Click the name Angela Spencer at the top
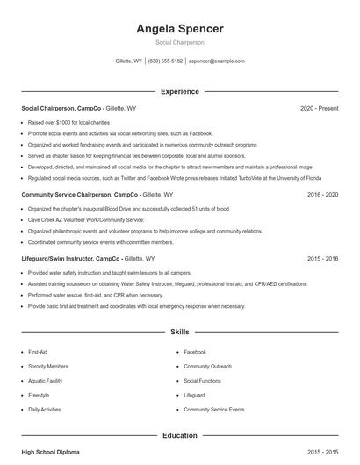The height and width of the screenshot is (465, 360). [x=180, y=29]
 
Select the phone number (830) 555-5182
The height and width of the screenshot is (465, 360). [x=165, y=61]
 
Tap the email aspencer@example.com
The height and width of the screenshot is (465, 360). [x=217, y=61]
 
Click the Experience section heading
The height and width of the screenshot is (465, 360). [x=180, y=91]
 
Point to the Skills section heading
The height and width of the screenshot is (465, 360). [x=180, y=333]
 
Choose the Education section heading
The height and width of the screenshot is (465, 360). [x=180, y=435]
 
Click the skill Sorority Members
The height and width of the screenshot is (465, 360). [x=48, y=366]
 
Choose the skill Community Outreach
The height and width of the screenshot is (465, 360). [x=207, y=366]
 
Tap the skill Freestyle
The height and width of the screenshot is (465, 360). [x=40, y=395]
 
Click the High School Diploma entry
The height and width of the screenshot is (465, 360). [x=50, y=452]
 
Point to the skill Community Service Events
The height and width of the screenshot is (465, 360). [x=214, y=410]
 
